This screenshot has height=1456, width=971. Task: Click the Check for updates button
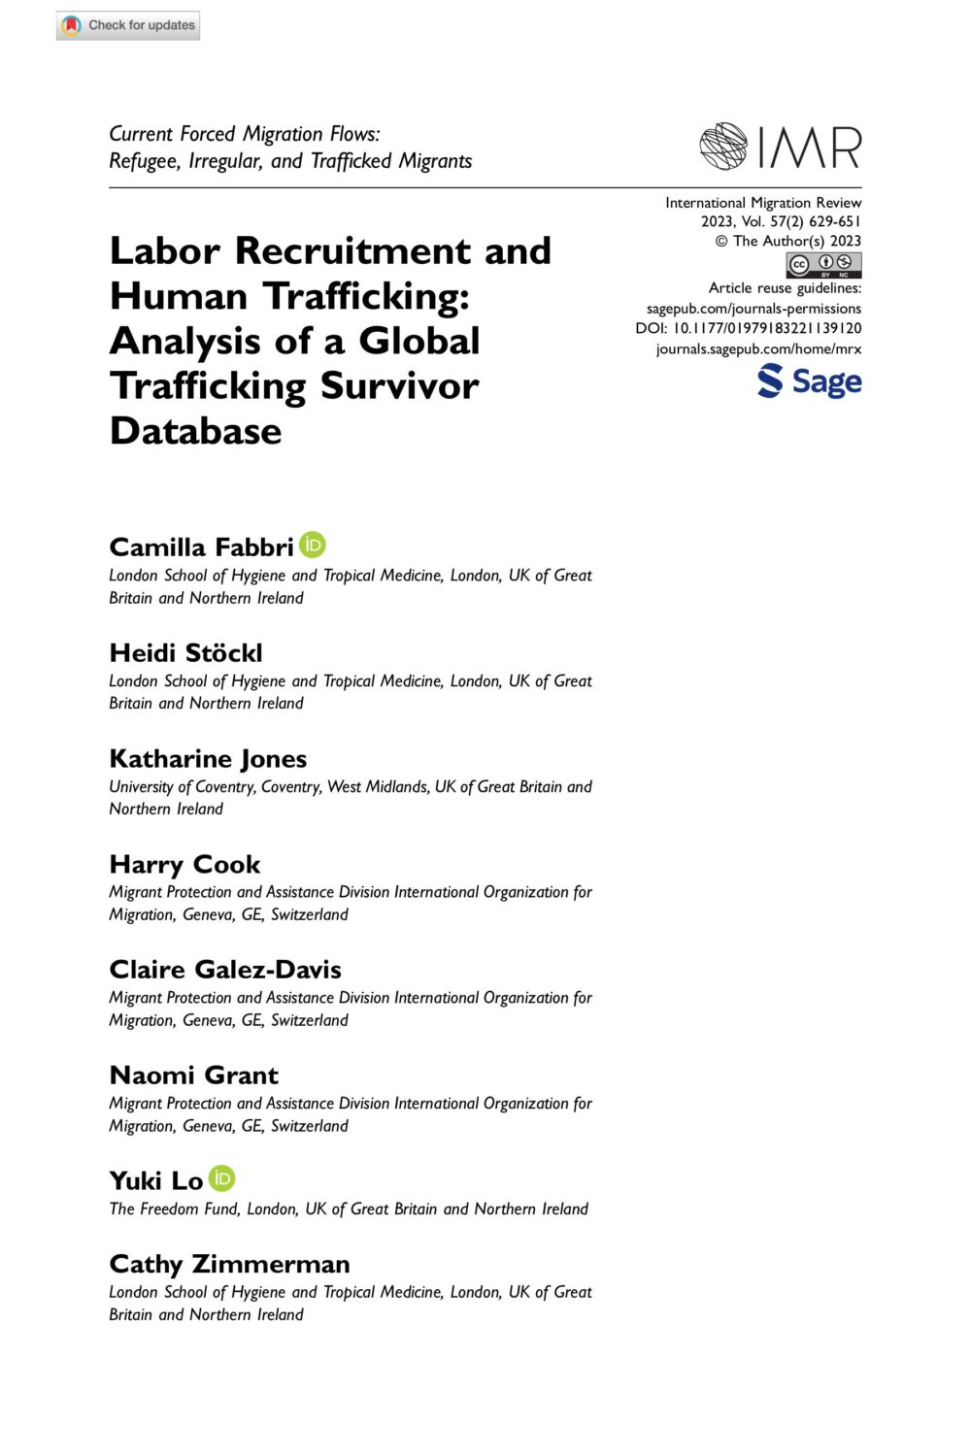[128, 25]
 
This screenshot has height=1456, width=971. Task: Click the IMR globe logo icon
[723, 147]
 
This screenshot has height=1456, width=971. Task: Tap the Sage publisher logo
[809, 381]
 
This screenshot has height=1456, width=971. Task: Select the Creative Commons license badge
[823, 264]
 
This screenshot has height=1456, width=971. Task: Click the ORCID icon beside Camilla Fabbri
[313, 546]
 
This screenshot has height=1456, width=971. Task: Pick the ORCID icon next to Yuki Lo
[222, 1178]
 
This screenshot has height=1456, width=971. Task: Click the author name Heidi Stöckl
[185, 653]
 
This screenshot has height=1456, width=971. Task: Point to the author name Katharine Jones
[208, 759]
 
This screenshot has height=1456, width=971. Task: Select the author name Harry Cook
[184, 865]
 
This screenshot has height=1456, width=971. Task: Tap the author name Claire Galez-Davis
[225, 970]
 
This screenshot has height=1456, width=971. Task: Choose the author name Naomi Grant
[193, 1075]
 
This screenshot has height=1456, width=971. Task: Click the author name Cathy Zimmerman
[229, 1265]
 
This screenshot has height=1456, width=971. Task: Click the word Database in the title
[195, 431]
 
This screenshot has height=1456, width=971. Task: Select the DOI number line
[749, 328]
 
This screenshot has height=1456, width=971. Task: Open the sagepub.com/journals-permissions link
[753, 309]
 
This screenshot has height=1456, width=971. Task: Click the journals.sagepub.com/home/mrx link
[758, 348]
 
